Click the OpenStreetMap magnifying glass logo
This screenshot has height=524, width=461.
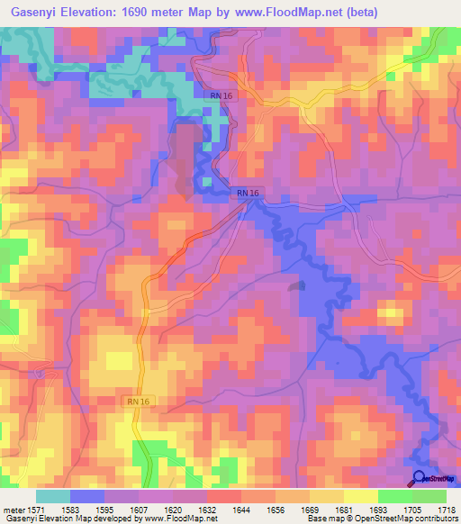click(x=419, y=479)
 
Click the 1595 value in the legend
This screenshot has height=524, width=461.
click(x=104, y=509)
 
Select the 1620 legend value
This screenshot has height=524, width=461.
click(x=173, y=509)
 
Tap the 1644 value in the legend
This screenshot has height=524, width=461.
click(x=241, y=509)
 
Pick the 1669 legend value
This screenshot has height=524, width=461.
click(x=311, y=509)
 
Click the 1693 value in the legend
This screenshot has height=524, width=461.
click(x=379, y=509)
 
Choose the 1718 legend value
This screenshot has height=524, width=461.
click(x=447, y=509)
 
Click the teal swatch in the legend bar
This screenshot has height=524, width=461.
click(x=53, y=496)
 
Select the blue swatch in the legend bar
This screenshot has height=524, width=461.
click(x=87, y=496)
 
